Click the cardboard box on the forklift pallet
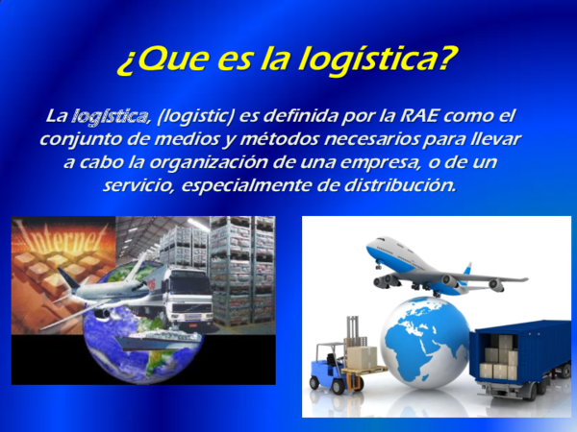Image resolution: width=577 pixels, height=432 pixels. pyautogui.click(x=361, y=357)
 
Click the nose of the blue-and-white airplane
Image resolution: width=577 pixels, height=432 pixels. pyautogui.click(x=371, y=252)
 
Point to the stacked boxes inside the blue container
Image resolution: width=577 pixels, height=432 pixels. pyautogui.click(x=499, y=358)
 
